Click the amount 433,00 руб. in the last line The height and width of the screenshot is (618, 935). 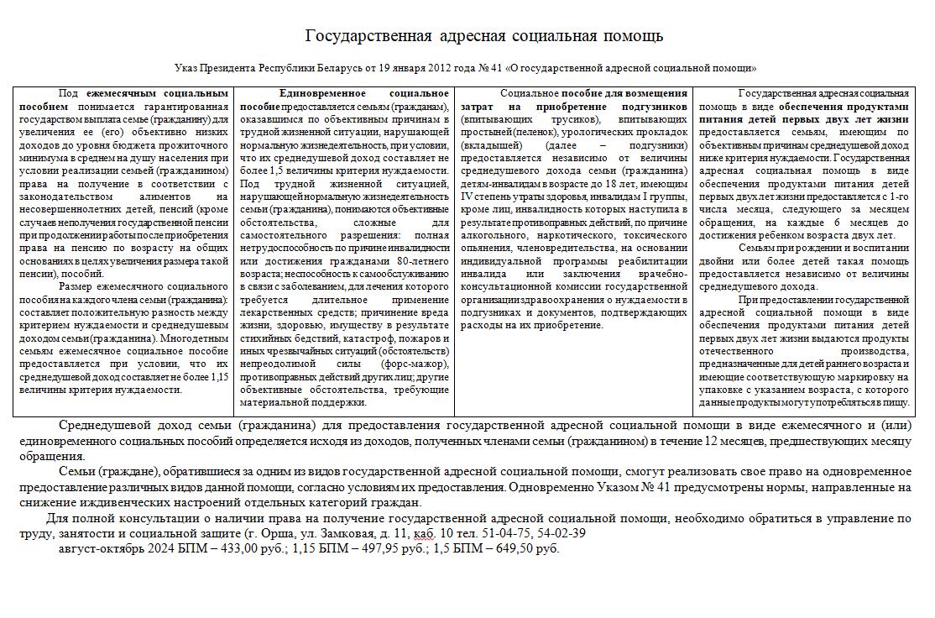pyautogui.click(x=252, y=548)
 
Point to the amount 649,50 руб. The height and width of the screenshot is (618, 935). pyautogui.click(x=525, y=548)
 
